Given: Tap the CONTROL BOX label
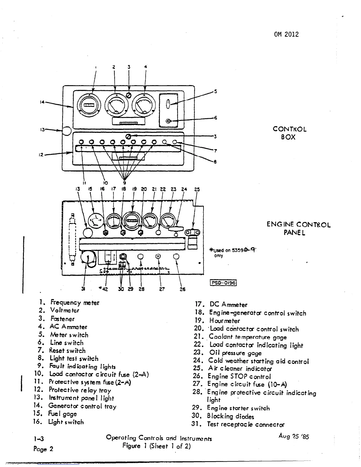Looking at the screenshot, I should pos(289,133).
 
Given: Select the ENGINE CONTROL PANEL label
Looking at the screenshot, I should pos(298,228).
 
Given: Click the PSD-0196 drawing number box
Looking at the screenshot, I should pos(223,283).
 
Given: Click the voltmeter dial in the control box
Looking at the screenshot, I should pos(116,106).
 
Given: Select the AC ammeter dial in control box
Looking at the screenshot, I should pos(144,106).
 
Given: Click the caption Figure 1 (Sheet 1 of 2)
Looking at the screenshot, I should pos(157,446).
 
